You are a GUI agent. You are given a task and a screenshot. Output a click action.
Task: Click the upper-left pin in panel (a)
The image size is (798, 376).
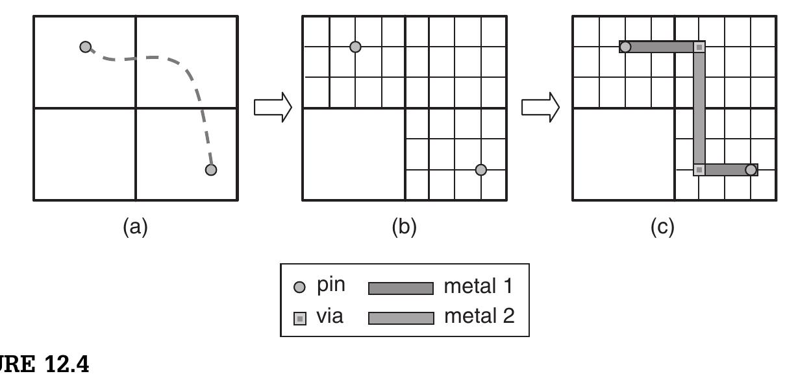(85, 47)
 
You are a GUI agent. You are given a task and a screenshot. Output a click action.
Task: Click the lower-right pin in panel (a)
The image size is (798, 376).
(211, 170)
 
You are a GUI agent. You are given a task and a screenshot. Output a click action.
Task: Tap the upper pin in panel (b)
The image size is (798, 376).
(355, 47)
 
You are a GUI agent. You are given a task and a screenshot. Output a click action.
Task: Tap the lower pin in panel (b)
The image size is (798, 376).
(480, 170)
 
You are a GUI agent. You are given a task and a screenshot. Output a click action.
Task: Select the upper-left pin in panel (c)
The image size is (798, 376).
(625, 47)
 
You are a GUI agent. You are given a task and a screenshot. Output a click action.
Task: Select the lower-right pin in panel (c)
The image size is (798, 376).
(751, 170)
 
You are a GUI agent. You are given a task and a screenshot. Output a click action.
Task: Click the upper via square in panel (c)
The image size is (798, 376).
(699, 47)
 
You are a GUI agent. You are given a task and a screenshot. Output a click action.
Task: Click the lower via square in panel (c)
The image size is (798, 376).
(699, 170)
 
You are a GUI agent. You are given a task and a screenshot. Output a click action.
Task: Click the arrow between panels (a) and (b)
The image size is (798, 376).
(272, 108)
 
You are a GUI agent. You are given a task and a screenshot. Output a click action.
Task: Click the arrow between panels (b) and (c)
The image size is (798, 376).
(541, 108)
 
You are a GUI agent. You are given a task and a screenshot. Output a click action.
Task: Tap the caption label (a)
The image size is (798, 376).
(136, 227)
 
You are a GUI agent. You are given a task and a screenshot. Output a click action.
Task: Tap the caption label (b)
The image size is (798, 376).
(404, 227)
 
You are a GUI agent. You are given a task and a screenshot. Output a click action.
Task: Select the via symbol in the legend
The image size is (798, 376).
(299, 318)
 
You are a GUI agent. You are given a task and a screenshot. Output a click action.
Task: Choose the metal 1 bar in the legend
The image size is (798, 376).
(401, 288)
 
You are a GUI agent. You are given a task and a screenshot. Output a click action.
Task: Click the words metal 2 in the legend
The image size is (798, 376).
(479, 316)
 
